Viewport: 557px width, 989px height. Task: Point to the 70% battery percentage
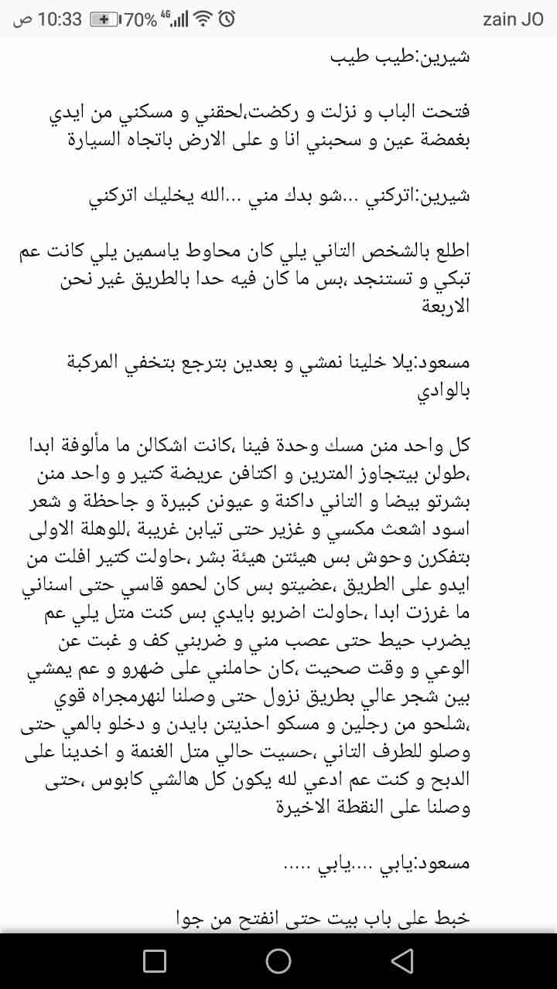[x=140, y=19]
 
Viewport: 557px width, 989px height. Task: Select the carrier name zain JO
[x=513, y=19]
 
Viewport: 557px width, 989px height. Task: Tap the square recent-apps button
[x=155, y=960]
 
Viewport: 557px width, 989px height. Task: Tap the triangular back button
[x=402, y=960]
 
